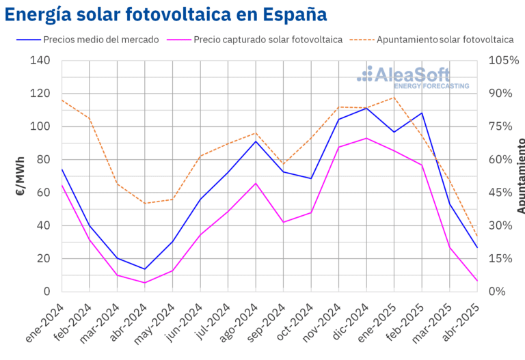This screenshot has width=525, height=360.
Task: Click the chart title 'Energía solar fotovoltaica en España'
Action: (x=166, y=14)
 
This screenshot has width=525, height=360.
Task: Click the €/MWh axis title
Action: (x=21, y=176)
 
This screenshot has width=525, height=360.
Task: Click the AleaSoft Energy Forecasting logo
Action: (x=414, y=77)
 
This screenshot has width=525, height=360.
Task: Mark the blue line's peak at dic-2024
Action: (x=366, y=108)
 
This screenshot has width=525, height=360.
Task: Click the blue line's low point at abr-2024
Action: (x=145, y=269)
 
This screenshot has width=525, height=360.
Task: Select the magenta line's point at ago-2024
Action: (x=256, y=183)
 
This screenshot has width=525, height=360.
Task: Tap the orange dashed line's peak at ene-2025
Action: (x=394, y=97)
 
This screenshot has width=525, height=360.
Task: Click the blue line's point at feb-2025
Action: (x=422, y=113)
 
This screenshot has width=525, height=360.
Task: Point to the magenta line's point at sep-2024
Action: (x=284, y=222)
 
